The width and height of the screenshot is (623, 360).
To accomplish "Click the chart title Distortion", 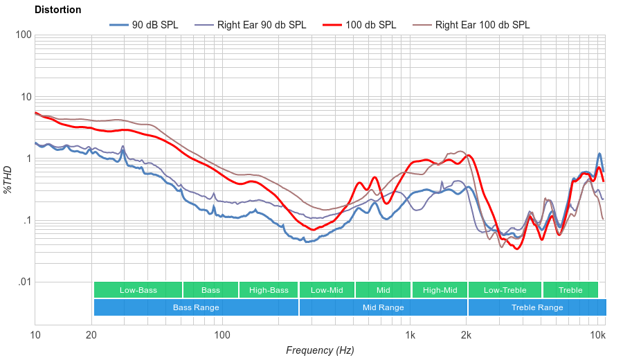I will [x=57, y=10].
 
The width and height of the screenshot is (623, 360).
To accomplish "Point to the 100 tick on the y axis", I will [x=23, y=35].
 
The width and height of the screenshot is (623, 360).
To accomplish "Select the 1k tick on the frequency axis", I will [x=410, y=336].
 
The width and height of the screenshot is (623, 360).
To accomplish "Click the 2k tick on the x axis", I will [x=467, y=336].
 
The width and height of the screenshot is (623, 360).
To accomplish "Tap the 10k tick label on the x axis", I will [x=597, y=336].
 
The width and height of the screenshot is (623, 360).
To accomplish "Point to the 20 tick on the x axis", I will [x=91, y=336].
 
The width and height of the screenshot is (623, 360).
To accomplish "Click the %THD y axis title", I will [x=8, y=180].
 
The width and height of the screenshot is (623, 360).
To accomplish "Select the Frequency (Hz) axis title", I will [x=320, y=350].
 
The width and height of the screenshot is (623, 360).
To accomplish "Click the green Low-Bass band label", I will [x=138, y=290].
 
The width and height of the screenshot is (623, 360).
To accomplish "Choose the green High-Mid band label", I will [x=439, y=290].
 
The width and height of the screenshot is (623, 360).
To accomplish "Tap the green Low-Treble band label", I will [x=505, y=290].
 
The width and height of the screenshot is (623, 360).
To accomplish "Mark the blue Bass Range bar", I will [x=196, y=307].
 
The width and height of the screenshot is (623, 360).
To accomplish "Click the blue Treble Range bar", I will [x=536, y=307].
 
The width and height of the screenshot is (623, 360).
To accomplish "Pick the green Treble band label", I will [x=570, y=290].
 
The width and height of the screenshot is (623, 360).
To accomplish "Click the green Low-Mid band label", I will [x=327, y=290].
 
